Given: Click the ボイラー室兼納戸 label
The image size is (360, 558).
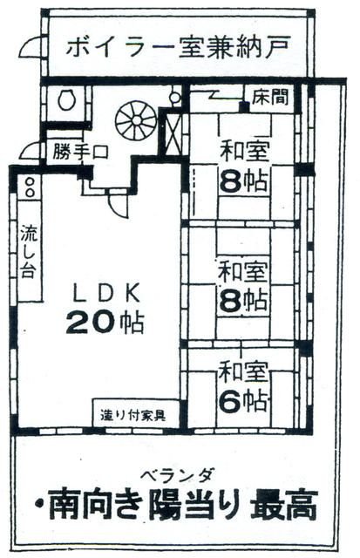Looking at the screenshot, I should point(177,44).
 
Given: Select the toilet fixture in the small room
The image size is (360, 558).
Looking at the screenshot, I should point(66,99).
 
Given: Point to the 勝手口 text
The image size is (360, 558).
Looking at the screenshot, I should point(79,152).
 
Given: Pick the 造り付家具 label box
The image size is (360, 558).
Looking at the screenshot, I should point(137,413).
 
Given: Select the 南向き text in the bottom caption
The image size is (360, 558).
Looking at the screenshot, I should point(92,504).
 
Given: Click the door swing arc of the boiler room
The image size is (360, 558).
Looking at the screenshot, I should point(29,47).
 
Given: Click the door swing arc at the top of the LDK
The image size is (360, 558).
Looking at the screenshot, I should point(116,202).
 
